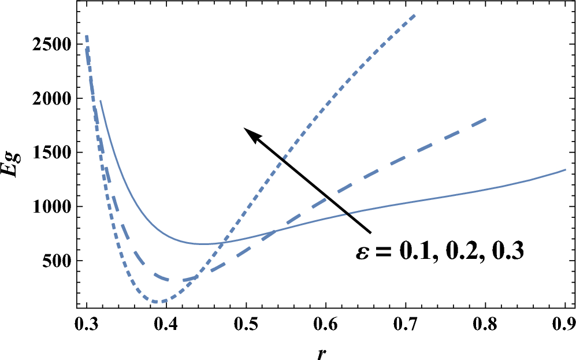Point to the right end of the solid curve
[x=565, y=169]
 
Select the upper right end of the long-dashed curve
[x=486, y=118]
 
